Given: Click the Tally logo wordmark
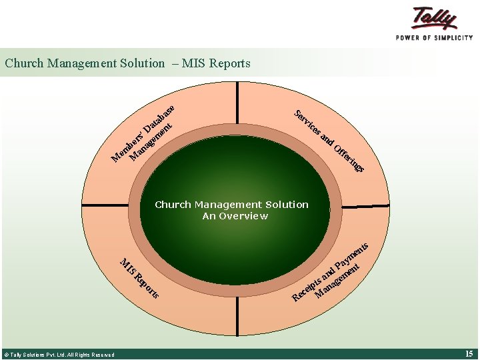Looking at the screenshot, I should (435, 18).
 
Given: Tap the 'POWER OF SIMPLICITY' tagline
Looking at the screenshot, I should (434, 37).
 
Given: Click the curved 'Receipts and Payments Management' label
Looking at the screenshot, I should (329, 273).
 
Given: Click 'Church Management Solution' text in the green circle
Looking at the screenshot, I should (231, 205).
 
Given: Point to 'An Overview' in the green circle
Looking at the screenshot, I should (235, 216).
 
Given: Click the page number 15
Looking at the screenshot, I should (469, 353).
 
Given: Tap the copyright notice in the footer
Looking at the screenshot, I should (59, 355).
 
